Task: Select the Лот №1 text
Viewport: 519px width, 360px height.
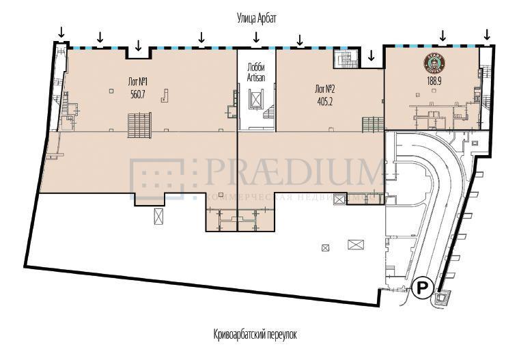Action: pyautogui.click(x=138, y=82)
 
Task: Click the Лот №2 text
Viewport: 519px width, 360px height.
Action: pyautogui.click(x=324, y=88)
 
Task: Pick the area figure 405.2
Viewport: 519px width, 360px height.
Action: pyautogui.click(x=324, y=100)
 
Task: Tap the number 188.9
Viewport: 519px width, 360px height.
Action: pyautogui.click(x=435, y=79)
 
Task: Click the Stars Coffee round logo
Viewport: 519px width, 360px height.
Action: pyautogui.click(x=435, y=64)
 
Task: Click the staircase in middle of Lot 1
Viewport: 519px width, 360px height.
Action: pyautogui.click(x=139, y=125)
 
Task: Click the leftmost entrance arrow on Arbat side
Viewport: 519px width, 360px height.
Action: pyautogui.click(x=61, y=32)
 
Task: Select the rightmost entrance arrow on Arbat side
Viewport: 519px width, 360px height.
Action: pyautogui.click(x=487, y=33)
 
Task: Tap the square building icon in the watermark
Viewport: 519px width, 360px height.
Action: pyautogui.click(x=156, y=178)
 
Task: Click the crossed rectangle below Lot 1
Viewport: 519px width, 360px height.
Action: pyautogui.click(x=159, y=217)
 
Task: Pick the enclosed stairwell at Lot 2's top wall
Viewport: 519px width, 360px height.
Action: pyautogui.click(x=345, y=59)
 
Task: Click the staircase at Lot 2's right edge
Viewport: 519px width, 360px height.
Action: pyautogui.click(x=373, y=125)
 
